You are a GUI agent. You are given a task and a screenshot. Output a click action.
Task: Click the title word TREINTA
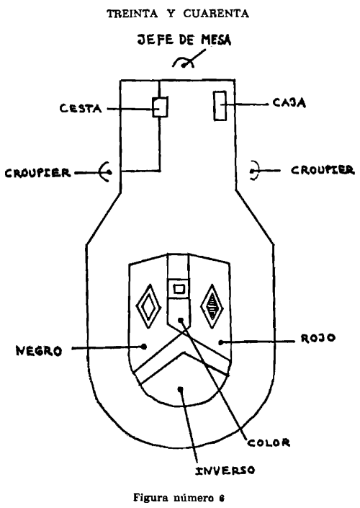click(x=132, y=14)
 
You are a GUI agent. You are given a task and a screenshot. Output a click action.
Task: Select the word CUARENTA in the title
click(x=216, y=14)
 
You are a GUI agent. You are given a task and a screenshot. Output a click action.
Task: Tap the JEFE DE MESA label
click(x=184, y=40)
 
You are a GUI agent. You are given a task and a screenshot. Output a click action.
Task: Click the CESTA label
click(x=81, y=108)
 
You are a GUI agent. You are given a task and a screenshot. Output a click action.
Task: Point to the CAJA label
click(x=289, y=103)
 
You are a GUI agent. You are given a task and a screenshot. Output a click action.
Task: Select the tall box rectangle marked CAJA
click(x=220, y=106)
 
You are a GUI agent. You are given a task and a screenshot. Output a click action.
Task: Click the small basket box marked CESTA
click(x=161, y=107)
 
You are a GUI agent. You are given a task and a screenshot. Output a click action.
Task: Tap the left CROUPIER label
click(x=38, y=173)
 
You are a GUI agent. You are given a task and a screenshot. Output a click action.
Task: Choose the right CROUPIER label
click(x=323, y=170)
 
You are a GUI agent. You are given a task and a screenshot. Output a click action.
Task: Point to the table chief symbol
click(x=183, y=61)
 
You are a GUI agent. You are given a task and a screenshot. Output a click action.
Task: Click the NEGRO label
click(x=39, y=351)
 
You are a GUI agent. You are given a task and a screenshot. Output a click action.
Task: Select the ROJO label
click(x=318, y=338)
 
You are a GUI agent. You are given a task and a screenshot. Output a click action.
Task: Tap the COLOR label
click(x=269, y=442)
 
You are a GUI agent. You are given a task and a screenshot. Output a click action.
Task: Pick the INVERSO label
click(x=225, y=471)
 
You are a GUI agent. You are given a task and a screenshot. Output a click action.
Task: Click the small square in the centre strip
click(x=179, y=288)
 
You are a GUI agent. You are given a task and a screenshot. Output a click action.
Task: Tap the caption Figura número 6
click(x=179, y=497)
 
